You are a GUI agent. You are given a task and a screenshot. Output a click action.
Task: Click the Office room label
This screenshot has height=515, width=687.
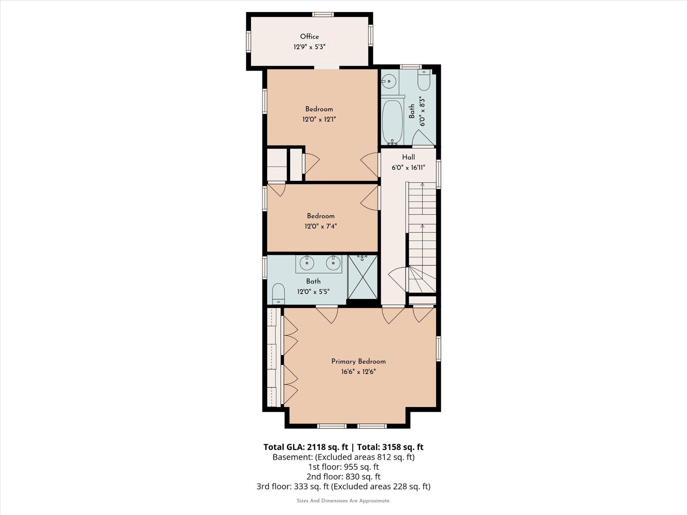[x=309, y=37]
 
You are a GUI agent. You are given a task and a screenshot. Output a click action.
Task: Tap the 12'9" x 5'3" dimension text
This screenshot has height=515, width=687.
[x=309, y=47]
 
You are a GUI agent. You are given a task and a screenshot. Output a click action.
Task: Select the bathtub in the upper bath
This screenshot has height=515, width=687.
[x=392, y=122]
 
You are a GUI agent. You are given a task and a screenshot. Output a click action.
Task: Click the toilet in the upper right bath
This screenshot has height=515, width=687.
[x=424, y=80]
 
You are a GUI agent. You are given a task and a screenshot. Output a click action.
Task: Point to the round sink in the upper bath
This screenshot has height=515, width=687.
[x=389, y=81]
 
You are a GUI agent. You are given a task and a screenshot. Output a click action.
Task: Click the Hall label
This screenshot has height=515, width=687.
[x=408, y=157]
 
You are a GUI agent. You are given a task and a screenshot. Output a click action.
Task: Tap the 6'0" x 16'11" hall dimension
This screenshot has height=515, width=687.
[x=408, y=168]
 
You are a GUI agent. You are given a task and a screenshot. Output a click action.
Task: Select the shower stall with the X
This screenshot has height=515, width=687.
[x=363, y=277]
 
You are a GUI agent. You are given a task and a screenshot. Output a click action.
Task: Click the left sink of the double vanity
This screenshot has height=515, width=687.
[x=307, y=263]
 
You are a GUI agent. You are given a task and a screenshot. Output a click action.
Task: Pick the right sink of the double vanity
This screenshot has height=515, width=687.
[x=333, y=263]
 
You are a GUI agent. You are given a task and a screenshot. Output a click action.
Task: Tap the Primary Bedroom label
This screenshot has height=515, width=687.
[x=358, y=361]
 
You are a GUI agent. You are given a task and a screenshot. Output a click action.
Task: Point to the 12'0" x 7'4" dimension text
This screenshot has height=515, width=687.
[x=320, y=226]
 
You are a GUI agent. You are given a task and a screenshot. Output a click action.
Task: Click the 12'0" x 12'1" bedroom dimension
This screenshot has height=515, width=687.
[x=319, y=119]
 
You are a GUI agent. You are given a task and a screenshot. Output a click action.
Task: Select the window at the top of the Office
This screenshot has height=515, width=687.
[x=323, y=14]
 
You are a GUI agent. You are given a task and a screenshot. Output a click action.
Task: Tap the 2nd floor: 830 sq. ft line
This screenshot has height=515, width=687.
[x=343, y=476]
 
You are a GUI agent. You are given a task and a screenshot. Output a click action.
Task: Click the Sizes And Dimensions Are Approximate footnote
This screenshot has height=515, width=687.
[x=343, y=501]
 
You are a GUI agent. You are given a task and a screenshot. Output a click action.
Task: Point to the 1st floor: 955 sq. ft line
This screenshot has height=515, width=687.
[x=343, y=467]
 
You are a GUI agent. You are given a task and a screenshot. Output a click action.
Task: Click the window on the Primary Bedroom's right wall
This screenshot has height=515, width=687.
[x=438, y=349]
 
